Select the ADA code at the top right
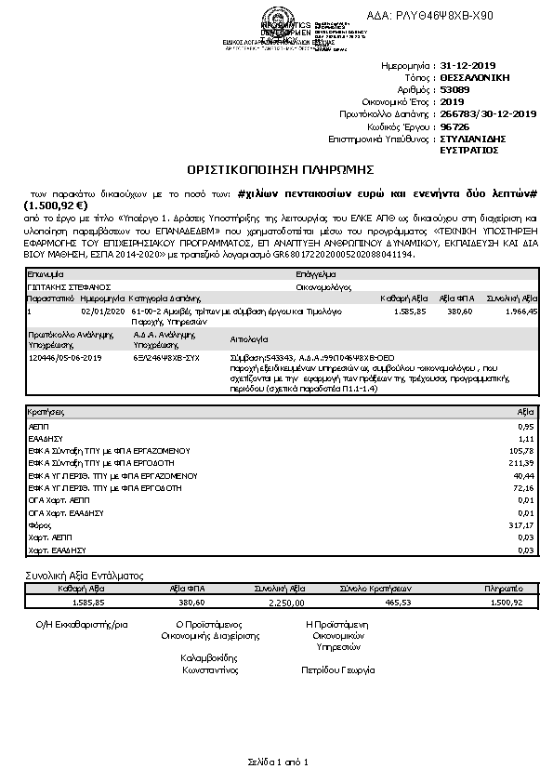point(444,16)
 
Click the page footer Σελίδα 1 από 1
point(277,762)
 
